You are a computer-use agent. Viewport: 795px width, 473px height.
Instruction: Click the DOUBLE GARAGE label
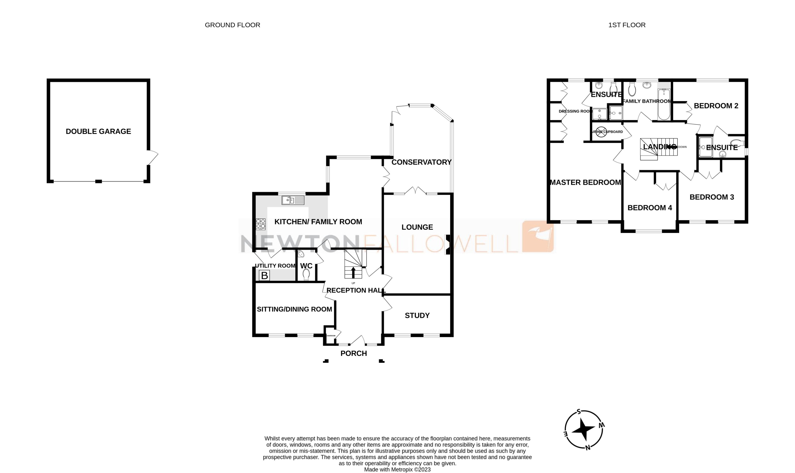pos(98,131)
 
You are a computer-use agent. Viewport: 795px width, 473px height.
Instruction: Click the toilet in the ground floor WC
pos(306,274)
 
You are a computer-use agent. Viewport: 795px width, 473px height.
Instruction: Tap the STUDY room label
pos(417,315)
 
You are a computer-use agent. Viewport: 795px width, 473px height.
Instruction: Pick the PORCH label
pos(353,353)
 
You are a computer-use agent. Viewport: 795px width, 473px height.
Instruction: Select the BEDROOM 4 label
pos(649,208)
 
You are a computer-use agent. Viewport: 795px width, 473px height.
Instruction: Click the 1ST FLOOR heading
pos(626,25)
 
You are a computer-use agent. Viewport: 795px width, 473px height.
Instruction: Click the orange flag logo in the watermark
pos(538,236)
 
